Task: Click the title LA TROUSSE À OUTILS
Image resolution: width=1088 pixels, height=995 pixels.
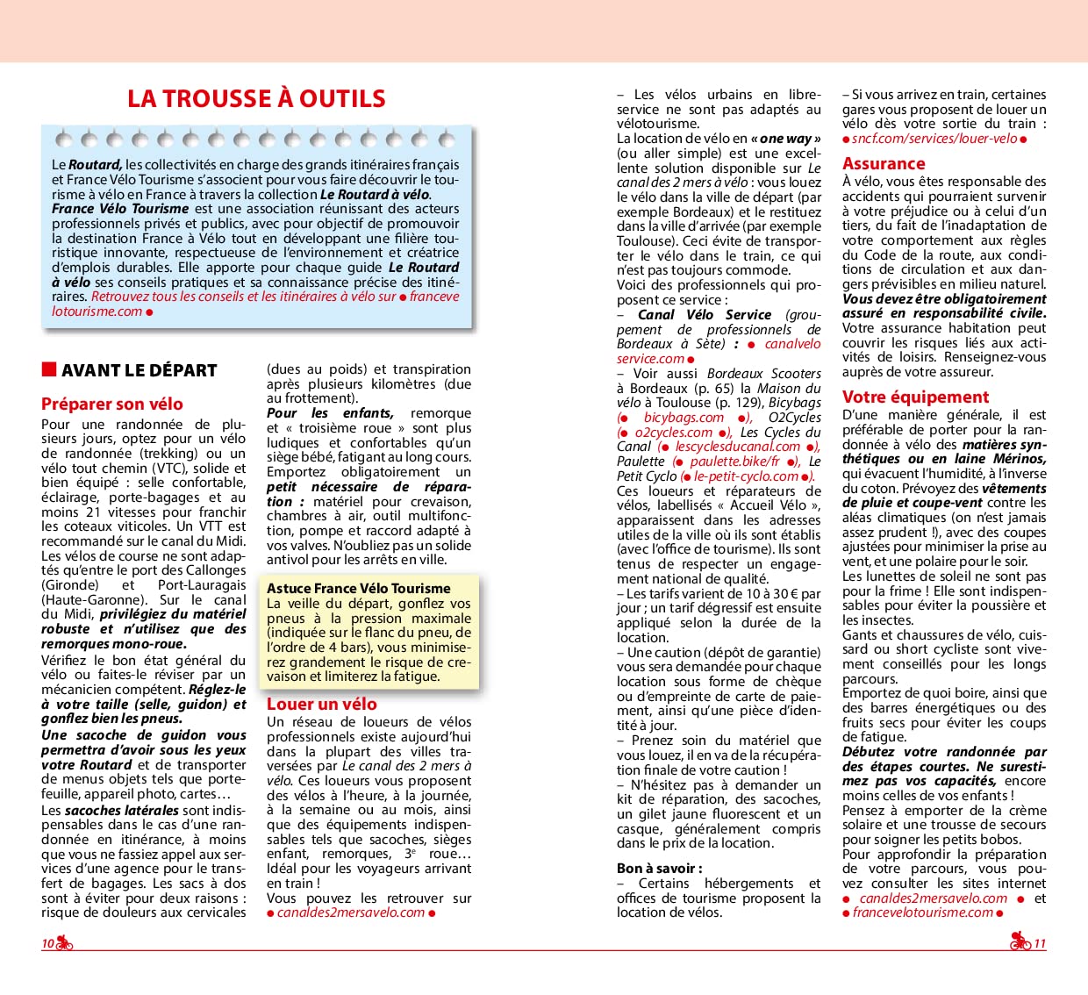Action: (256, 98)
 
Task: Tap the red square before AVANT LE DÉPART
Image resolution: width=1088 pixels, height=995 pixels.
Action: (49, 369)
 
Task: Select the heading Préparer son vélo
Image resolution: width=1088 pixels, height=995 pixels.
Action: (112, 404)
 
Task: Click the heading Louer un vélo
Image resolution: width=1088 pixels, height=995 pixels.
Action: (322, 704)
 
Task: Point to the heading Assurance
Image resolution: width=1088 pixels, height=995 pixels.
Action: (884, 163)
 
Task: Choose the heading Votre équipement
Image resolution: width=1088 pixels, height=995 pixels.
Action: (915, 397)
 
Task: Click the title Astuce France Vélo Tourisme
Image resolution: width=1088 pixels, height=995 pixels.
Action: (359, 589)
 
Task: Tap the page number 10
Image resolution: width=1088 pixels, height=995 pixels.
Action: (47, 944)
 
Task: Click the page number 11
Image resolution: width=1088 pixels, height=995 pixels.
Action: (1040, 944)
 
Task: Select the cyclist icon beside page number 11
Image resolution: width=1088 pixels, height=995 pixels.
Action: (1020, 942)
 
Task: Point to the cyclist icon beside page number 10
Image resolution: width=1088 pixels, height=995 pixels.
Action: (65, 943)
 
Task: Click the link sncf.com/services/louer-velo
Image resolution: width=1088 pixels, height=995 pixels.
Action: (934, 139)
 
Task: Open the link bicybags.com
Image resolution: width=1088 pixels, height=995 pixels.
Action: (684, 418)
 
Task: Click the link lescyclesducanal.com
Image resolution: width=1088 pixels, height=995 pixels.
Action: (737, 447)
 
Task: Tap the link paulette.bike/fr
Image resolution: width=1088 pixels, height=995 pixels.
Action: (734, 462)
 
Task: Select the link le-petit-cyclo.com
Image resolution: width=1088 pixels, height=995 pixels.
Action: (746, 476)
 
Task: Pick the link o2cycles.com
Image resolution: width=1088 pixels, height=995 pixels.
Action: (673, 433)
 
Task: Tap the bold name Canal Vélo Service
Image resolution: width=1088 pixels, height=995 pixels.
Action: (705, 315)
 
